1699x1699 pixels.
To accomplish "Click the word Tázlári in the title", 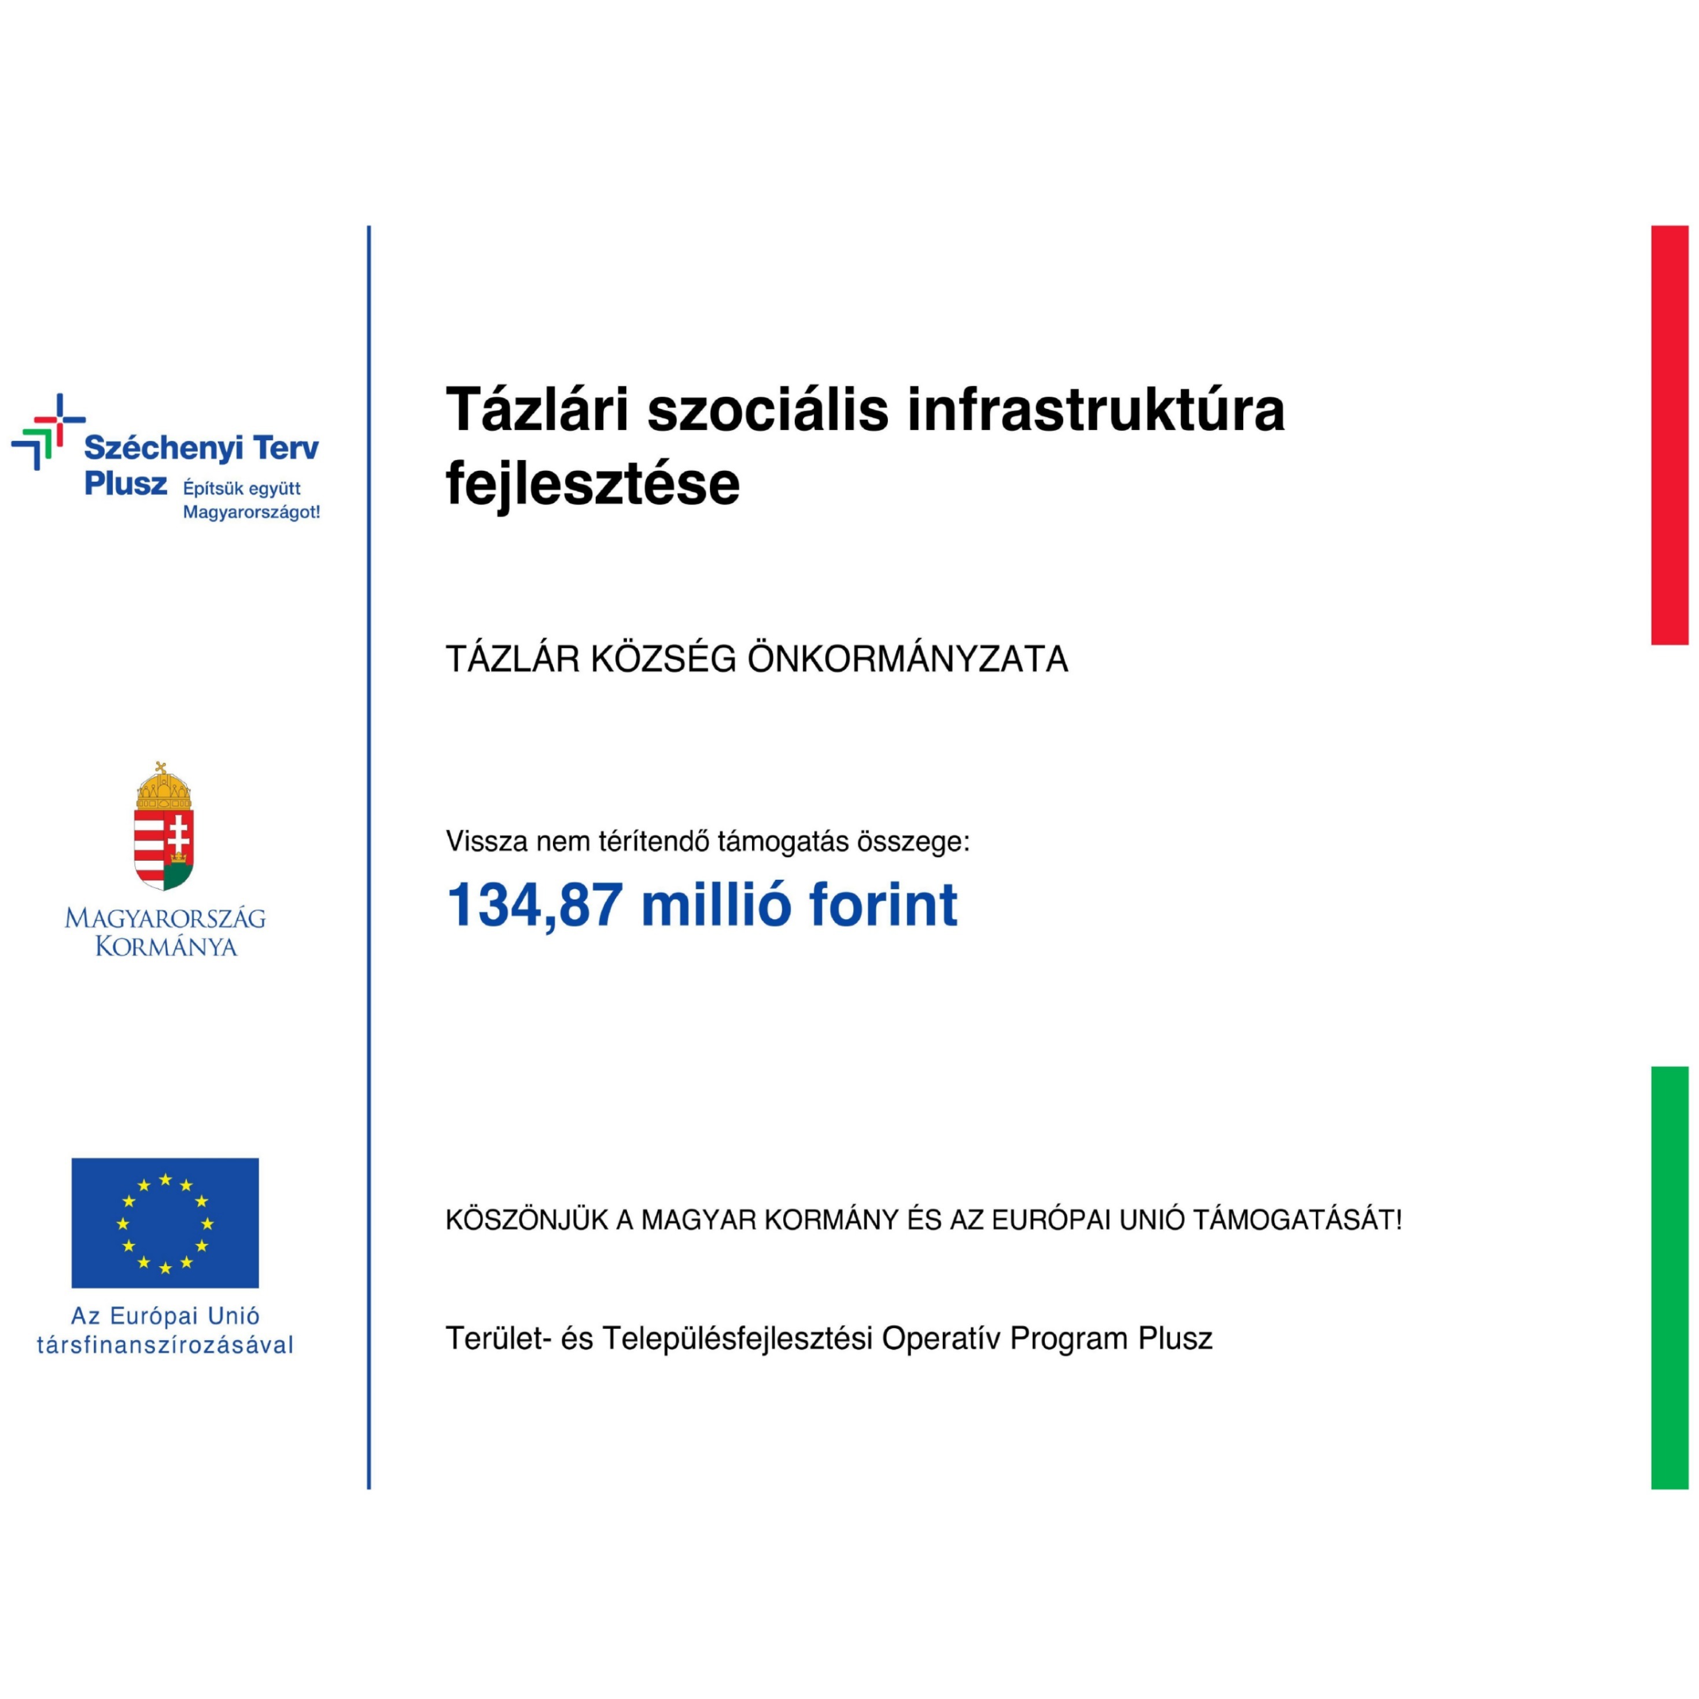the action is [x=538, y=410].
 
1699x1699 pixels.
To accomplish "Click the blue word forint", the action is [x=883, y=905].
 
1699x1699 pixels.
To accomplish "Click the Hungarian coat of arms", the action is [x=164, y=827].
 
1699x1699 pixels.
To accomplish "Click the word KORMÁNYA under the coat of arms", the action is [x=166, y=947].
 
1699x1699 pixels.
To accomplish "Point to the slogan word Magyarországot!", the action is [x=252, y=513].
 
